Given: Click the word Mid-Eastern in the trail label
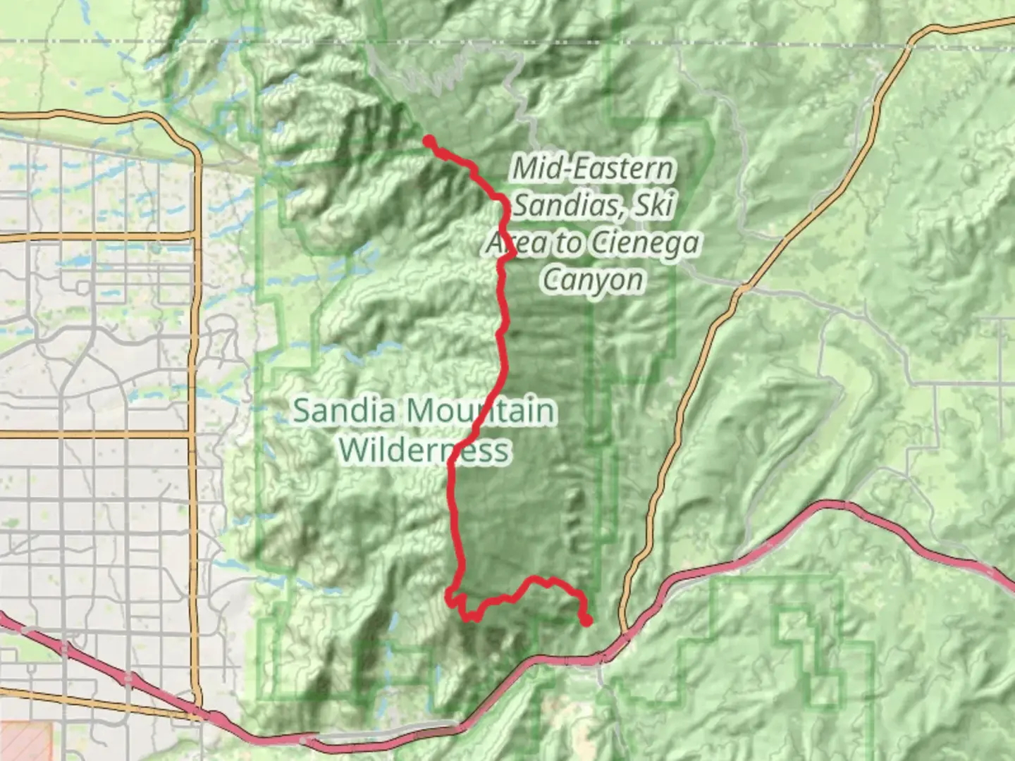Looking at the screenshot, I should pyautogui.click(x=593, y=168).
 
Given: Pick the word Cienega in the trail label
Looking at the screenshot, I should pyautogui.click(x=645, y=243).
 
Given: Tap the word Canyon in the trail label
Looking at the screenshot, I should pyautogui.click(x=593, y=280).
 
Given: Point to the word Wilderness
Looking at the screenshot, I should pyautogui.click(x=424, y=449).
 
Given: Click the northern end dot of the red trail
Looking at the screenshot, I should pyautogui.click(x=429, y=142).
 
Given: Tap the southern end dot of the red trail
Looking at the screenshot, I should pyautogui.click(x=586, y=621).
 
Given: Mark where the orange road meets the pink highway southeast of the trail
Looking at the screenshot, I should pyautogui.click(x=623, y=634).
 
